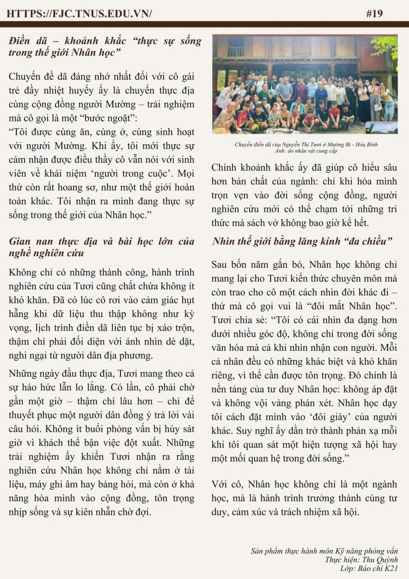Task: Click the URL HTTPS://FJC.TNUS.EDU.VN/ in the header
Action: (80, 14)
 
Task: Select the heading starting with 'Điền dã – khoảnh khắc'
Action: (105, 46)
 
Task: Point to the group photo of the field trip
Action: (305, 84)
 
